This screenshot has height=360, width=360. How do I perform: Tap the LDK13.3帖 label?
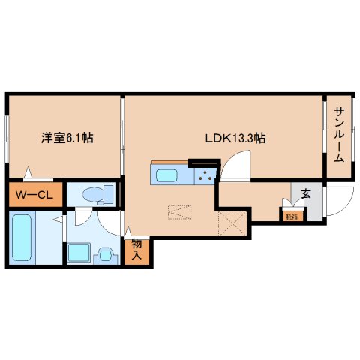point(236,138)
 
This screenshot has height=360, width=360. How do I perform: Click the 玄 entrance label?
point(306,193)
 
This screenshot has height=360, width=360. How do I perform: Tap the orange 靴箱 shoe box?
point(291,217)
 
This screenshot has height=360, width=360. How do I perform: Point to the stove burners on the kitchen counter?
point(205,176)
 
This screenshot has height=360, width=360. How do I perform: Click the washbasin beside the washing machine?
point(107,254)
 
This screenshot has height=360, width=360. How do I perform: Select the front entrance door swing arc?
point(340,201)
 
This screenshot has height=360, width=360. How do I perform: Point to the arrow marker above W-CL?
point(28,171)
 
